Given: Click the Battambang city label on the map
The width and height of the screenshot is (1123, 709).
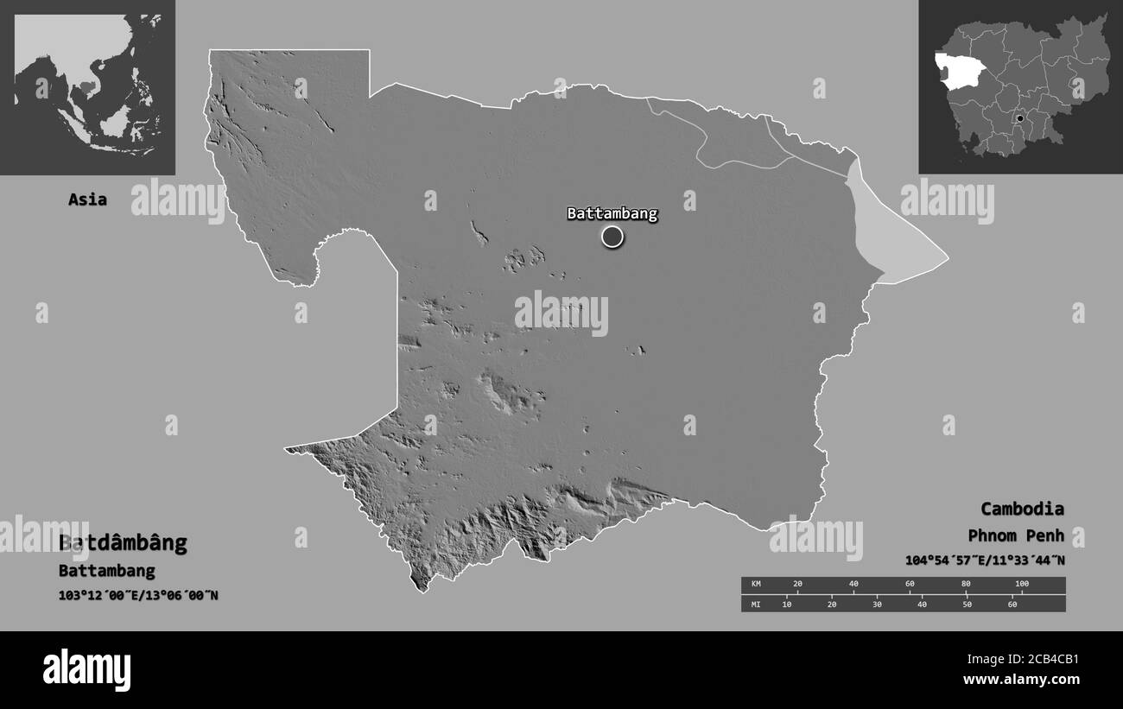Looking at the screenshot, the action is pyautogui.click(x=612, y=213).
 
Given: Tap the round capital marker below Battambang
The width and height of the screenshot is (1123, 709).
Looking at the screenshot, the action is pyautogui.click(x=612, y=236).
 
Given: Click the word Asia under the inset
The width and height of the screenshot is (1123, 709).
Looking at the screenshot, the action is pyautogui.click(x=88, y=199).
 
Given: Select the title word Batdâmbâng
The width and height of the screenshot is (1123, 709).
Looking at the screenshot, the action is pyautogui.click(x=123, y=543).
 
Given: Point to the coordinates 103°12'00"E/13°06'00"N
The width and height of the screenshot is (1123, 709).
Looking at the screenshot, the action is pyautogui.click(x=138, y=595).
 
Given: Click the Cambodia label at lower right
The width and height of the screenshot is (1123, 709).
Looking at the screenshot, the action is pyautogui.click(x=1022, y=509).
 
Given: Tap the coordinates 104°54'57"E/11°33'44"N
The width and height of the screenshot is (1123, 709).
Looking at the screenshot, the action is pyautogui.click(x=985, y=560).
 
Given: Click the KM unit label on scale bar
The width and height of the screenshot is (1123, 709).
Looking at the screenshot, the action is pyautogui.click(x=756, y=585).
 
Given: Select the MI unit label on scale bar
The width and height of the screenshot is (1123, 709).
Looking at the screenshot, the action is pyautogui.click(x=756, y=604).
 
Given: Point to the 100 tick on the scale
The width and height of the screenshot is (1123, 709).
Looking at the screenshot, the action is pyautogui.click(x=1022, y=585).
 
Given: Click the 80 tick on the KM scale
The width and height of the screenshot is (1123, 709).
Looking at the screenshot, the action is pyautogui.click(x=966, y=585).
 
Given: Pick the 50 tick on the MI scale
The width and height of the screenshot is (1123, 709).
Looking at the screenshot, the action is pyautogui.click(x=968, y=604).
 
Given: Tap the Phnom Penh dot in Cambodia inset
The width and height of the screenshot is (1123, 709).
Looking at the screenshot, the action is pyautogui.click(x=1020, y=118).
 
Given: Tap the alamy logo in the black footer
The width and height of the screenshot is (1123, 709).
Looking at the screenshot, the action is pyautogui.click(x=87, y=670).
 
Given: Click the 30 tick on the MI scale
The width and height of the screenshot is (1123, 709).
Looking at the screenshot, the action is pyautogui.click(x=877, y=604).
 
